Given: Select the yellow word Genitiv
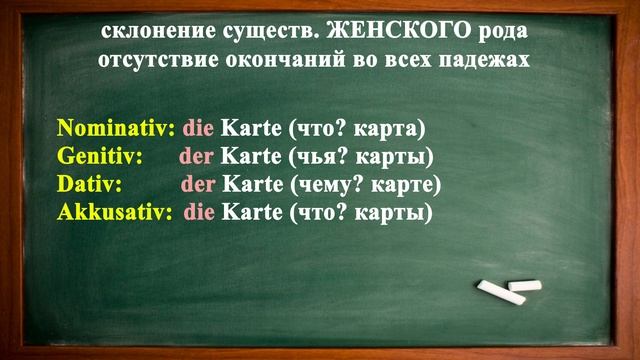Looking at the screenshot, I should click(x=100, y=157).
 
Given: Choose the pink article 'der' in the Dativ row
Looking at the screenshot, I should click(x=198, y=185).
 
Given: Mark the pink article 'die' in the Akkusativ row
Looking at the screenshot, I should click(x=199, y=213).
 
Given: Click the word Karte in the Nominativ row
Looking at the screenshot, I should click(x=250, y=129).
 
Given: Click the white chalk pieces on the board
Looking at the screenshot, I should click(x=509, y=290).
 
